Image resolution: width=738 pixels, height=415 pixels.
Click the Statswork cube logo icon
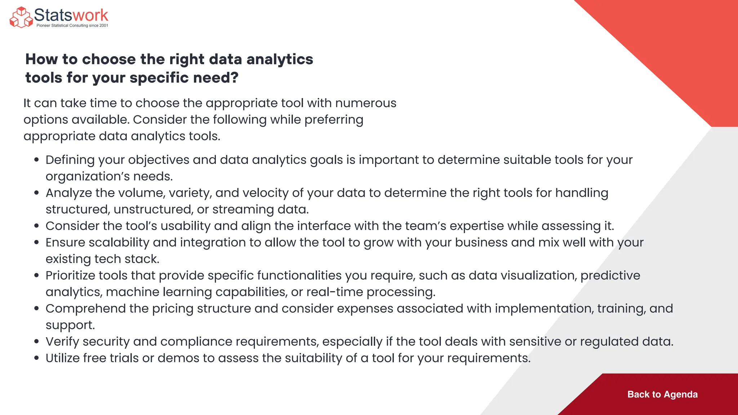pos(21,17)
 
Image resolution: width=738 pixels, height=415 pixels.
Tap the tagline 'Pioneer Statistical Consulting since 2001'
pos(72,26)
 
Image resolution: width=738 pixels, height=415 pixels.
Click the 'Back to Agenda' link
pos(662,394)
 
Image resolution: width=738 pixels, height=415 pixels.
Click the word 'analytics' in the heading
pos(280,59)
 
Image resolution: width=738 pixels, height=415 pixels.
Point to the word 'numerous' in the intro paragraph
pos(366,103)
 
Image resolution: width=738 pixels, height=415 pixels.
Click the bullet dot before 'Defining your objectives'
pos(36,160)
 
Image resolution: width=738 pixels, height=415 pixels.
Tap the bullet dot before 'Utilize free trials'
pos(36,358)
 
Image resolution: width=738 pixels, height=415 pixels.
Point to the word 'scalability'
pos(119,243)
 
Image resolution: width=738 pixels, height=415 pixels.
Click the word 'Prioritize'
pos(70,276)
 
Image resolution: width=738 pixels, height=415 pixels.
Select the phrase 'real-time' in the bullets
pos(334,292)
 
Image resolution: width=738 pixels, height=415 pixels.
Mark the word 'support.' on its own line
pos(70,325)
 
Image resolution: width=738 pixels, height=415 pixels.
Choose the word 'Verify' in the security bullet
pos(62,342)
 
